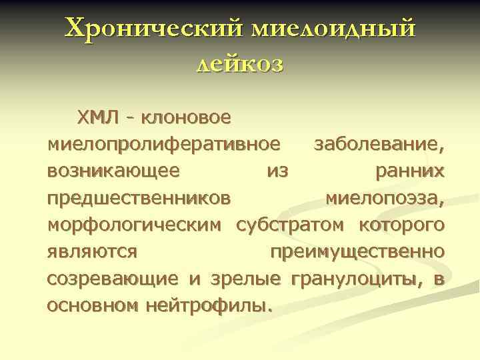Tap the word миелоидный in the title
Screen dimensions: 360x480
click(332, 29)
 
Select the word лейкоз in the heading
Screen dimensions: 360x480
click(241, 64)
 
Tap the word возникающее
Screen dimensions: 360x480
click(113, 171)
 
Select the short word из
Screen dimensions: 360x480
click(277, 171)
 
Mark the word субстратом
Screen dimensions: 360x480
click(293, 225)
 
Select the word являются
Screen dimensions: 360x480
click(93, 252)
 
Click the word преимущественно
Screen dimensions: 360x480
click(357, 252)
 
